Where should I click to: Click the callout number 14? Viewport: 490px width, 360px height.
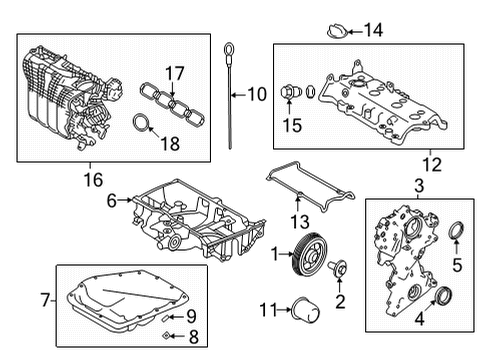tap(373, 30)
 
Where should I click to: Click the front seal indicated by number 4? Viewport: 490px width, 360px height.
tap(440, 299)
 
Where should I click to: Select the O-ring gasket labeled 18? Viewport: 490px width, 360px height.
tap(146, 125)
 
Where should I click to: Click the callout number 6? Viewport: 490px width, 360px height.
tap(112, 200)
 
